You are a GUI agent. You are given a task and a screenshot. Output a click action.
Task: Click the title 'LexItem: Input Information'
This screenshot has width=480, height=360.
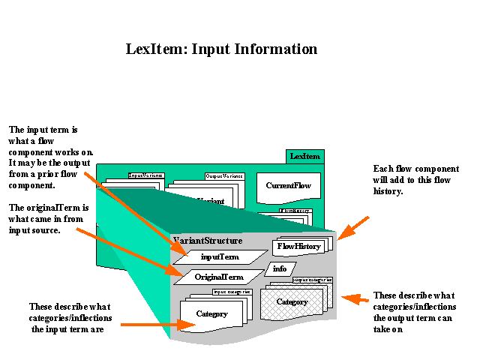point(221,49)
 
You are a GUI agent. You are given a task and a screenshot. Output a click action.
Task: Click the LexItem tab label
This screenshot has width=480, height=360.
point(305,156)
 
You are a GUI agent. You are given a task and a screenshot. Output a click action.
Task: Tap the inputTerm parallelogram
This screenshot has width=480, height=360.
point(219,256)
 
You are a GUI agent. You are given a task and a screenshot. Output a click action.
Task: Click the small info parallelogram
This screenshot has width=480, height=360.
point(279,268)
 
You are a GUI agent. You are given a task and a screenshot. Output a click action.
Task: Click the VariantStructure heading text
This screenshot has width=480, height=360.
point(208,241)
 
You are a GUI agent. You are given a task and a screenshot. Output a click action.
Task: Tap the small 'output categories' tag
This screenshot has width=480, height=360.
point(312,280)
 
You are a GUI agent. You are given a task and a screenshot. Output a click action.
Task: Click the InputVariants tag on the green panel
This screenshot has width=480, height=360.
point(147,175)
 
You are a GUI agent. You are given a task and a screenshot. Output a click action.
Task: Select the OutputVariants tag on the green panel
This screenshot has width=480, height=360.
point(224,176)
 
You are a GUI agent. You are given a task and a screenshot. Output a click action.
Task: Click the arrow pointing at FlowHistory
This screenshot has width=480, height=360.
point(353,228)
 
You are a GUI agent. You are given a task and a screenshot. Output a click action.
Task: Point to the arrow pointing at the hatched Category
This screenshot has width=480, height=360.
point(357,300)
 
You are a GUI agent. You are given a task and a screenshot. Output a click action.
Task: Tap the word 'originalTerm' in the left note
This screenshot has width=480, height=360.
point(61,207)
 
